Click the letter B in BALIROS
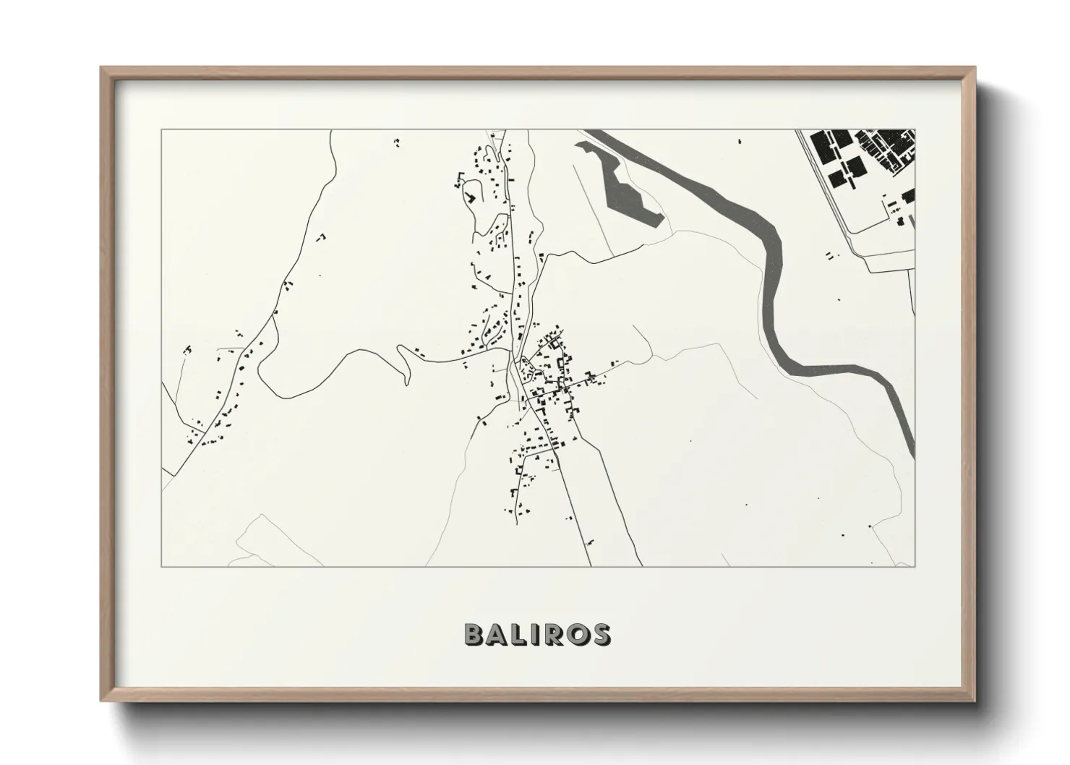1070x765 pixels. pyautogui.click(x=474, y=634)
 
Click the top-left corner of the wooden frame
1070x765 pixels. pyautogui.click(x=101, y=68)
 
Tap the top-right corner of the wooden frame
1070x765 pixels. pyautogui.click(x=975, y=68)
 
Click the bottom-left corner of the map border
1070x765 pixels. pyautogui.click(x=161, y=566)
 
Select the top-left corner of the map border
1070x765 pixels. pyautogui.click(x=161, y=130)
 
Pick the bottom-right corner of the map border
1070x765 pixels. pyautogui.click(x=915, y=566)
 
